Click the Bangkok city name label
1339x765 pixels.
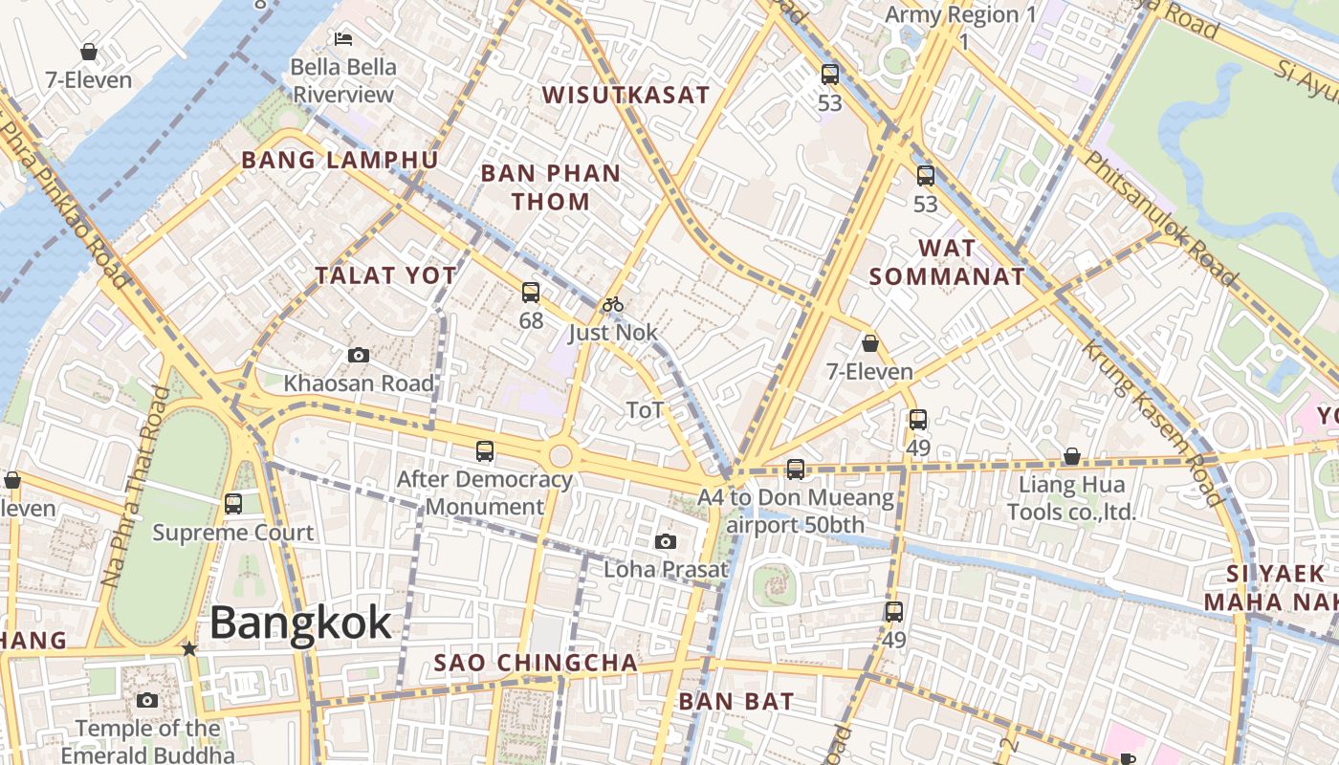(x=300, y=623)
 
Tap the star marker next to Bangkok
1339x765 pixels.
(x=189, y=649)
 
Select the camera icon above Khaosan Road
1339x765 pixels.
(x=359, y=356)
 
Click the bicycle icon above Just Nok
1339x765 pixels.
(x=613, y=305)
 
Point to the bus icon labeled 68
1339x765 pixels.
(x=531, y=293)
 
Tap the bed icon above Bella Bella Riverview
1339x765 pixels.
(x=343, y=39)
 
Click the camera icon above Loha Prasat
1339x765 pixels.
(x=666, y=542)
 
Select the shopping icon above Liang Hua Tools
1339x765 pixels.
(x=1072, y=457)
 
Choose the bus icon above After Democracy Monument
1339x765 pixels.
(x=485, y=450)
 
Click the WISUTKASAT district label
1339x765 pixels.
(x=626, y=95)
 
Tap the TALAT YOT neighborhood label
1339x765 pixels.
(x=386, y=275)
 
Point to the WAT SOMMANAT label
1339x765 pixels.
(x=947, y=263)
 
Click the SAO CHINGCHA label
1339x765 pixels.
(x=536, y=663)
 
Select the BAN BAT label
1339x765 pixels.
(x=736, y=701)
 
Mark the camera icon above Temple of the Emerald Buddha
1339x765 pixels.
(x=147, y=701)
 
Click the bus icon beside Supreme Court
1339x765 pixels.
(x=233, y=503)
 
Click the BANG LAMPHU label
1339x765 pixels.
(x=340, y=160)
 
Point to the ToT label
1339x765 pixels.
(x=645, y=410)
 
